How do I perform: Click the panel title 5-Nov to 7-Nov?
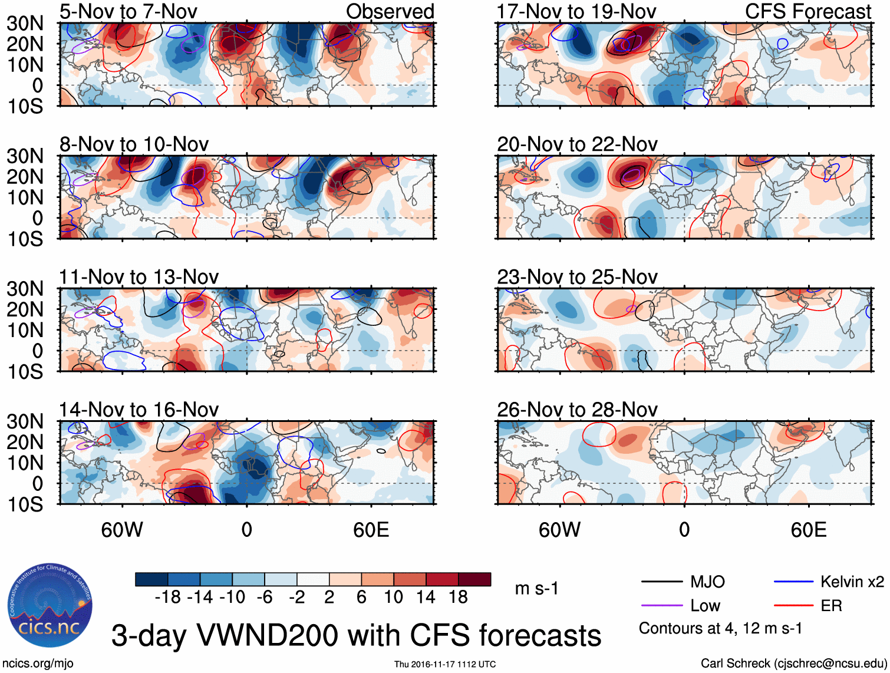click(128, 11)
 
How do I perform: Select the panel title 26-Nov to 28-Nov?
click(577, 410)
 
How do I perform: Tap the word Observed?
click(390, 11)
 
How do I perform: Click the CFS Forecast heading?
click(807, 11)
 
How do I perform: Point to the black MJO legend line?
click(661, 582)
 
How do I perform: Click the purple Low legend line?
click(661, 606)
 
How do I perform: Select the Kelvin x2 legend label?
click(852, 582)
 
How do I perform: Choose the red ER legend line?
click(793, 606)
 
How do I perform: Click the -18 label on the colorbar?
click(167, 598)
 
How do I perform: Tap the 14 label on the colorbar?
click(425, 598)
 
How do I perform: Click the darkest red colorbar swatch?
click(474, 579)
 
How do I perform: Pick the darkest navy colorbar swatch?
click(151, 579)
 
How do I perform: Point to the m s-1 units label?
click(536, 589)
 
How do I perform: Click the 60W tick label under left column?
click(122, 530)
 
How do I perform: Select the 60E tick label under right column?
click(808, 530)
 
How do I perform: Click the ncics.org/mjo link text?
click(37, 664)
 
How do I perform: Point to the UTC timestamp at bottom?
click(445, 664)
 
